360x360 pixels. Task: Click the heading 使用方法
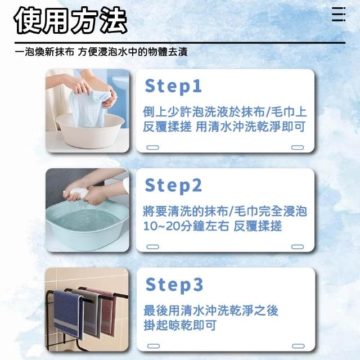point(70,21)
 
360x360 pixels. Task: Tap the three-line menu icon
point(339,14)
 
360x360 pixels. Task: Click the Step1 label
point(173,86)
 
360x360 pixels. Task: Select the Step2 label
point(173,186)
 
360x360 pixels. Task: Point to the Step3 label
point(174,285)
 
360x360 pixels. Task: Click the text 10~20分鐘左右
point(186,226)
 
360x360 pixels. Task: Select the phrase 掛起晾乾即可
point(180,325)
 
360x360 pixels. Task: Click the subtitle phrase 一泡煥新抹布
point(44,52)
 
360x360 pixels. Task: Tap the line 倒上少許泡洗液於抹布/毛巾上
point(225,112)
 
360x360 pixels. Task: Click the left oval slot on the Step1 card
point(152,147)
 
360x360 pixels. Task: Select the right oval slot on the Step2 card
point(298,247)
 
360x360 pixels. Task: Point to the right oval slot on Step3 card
point(298,346)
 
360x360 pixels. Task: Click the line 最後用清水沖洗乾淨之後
point(211,310)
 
